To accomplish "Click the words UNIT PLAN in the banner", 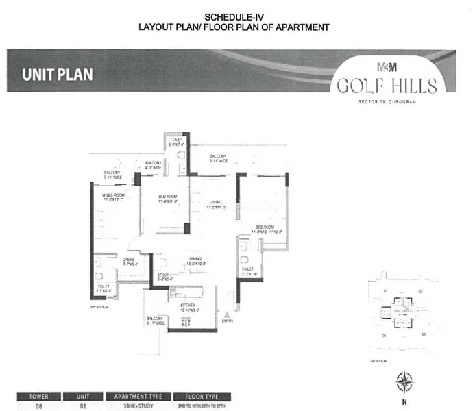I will click(57, 74).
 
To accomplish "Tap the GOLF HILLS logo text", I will click(387, 86).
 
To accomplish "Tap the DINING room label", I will click(195, 261).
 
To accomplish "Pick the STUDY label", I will click(162, 275).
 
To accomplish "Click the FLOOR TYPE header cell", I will click(197, 395).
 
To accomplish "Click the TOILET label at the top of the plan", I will click(177, 140).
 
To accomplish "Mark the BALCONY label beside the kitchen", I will click(154, 320).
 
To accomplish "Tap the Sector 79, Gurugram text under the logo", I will click(388, 101).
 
